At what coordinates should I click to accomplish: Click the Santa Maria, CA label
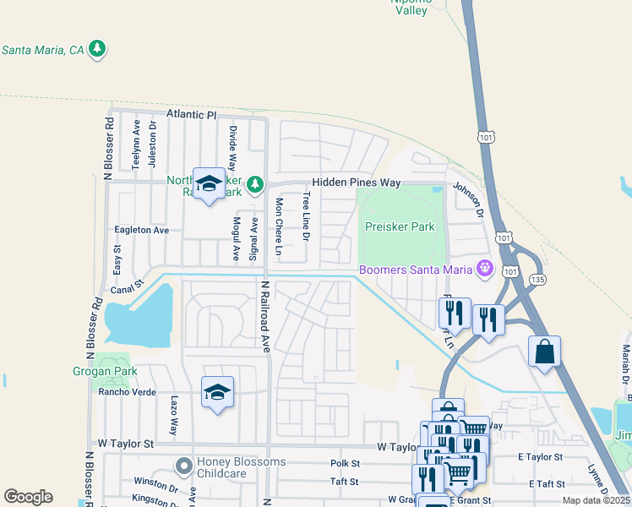click(x=43, y=50)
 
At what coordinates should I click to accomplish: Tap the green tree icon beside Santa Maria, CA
click(x=99, y=49)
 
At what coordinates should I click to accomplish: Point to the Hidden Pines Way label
click(x=356, y=183)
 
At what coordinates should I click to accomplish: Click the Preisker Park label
click(x=400, y=226)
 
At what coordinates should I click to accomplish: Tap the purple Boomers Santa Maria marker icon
click(x=485, y=270)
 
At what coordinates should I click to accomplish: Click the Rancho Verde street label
click(x=128, y=391)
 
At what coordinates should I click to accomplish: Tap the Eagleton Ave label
click(x=142, y=230)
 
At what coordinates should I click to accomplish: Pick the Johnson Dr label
click(x=466, y=199)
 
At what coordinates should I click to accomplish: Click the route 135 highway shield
click(x=537, y=278)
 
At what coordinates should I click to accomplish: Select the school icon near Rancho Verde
click(x=217, y=392)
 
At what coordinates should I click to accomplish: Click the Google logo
click(x=28, y=497)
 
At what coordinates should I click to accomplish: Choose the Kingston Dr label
click(x=155, y=499)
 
